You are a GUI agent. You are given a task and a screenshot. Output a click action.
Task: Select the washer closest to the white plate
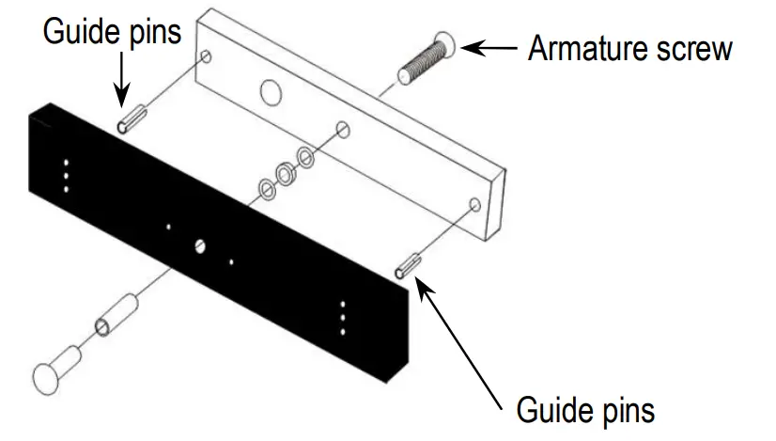pos(306,156)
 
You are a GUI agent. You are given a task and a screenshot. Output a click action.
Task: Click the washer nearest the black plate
pos(266,191)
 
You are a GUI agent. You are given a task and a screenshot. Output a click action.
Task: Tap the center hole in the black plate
pos(200,246)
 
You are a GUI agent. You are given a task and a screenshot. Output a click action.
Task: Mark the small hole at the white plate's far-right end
pos(474,204)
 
